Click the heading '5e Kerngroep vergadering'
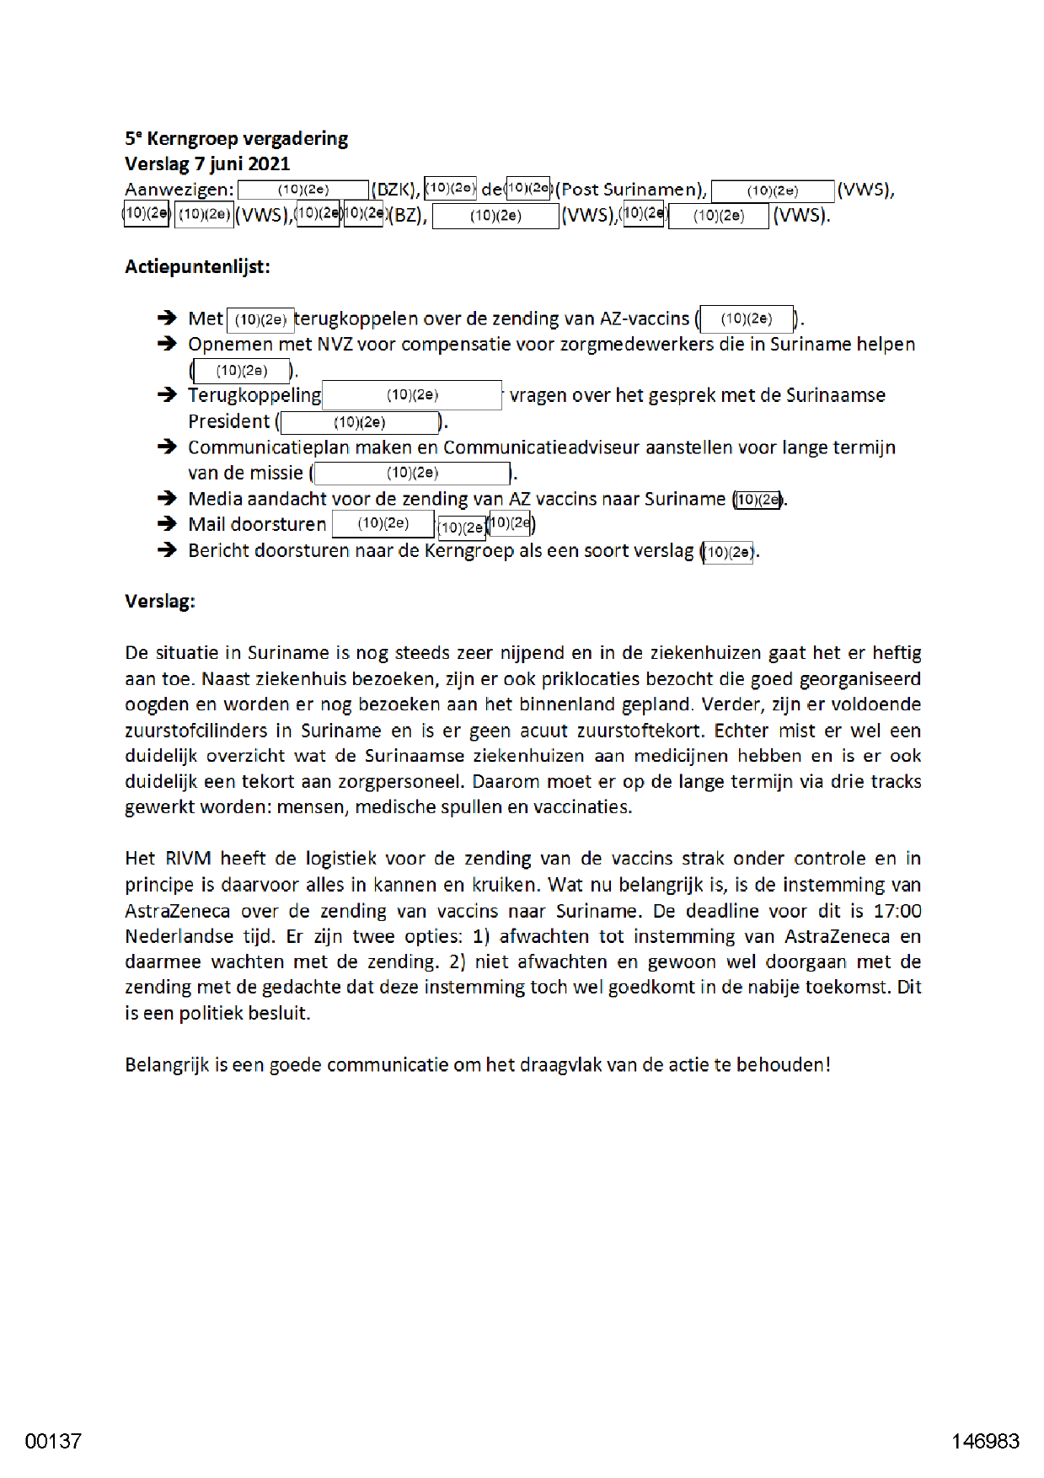coord(236,138)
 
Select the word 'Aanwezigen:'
coord(179,190)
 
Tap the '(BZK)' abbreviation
coord(395,190)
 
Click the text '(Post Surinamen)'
coord(630,190)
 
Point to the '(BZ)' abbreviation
coord(407,215)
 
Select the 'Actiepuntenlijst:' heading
coord(197,266)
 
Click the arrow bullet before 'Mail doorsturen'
coord(167,524)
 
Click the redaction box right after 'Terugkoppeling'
coord(412,395)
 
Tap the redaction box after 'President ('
coord(360,422)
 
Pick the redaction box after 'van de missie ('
coord(412,473)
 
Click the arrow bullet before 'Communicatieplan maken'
coord(167,447)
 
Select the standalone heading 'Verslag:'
coord(160,602)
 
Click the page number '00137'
coord(53,1441)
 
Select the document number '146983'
coord(985,1441)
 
